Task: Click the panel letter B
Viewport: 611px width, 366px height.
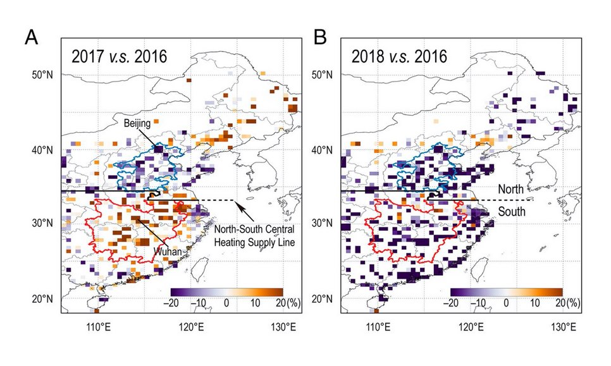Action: tap(321, 38)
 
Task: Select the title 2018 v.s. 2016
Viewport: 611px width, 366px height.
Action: tap(400, 56)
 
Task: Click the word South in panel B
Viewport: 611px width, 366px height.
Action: tap(511, 212)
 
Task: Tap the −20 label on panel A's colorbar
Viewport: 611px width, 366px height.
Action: tap(171, 303)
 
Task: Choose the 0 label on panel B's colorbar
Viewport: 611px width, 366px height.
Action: tap(506, 303)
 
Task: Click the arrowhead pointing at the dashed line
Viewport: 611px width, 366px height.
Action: tap(235, 202)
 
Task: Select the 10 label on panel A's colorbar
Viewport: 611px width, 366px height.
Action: tap(255, 303)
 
